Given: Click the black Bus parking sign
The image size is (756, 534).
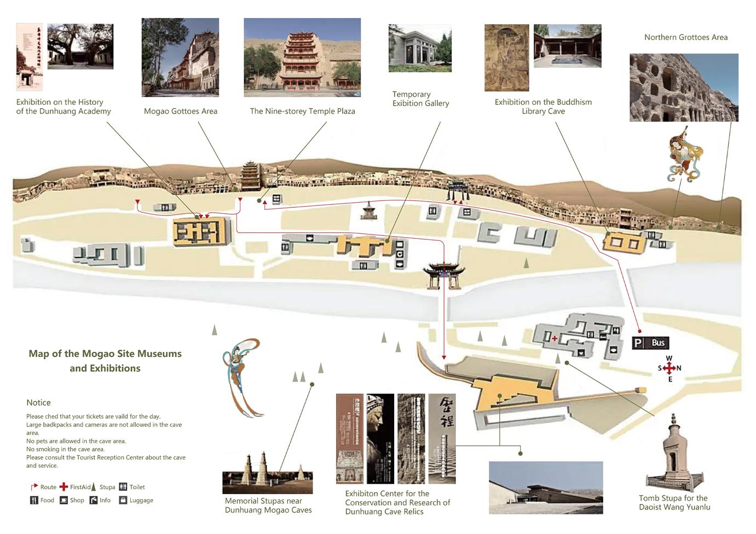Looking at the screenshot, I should click(650, 343).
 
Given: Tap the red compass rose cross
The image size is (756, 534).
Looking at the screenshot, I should click(669, 368).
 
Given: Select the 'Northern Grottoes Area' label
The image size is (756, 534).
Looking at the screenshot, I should click(685, 37).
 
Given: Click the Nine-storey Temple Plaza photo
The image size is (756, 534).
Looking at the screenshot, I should click(302, 57).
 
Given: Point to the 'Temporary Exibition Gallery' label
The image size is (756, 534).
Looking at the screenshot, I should click(420, 99).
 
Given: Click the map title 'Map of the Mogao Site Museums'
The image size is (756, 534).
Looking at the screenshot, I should click(105, 354).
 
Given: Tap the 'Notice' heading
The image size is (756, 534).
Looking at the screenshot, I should click(38, 403).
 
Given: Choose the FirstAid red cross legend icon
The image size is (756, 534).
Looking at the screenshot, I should click(64, 487).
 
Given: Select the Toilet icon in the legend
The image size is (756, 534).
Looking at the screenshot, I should click(123, 487).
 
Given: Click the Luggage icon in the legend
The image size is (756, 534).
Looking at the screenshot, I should click(123, 500).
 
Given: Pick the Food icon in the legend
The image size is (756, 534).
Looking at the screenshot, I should click(34, 500).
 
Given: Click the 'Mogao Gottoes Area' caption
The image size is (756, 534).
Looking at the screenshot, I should click(181, 112).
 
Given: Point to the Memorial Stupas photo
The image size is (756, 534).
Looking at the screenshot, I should click(267, 473).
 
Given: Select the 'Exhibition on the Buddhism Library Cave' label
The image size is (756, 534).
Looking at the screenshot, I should click(543, 107).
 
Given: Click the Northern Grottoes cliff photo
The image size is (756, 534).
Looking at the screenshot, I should click(684, 87).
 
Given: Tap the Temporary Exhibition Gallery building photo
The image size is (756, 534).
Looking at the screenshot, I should click(420, 48).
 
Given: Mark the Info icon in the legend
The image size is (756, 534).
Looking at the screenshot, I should click(94, 500).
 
